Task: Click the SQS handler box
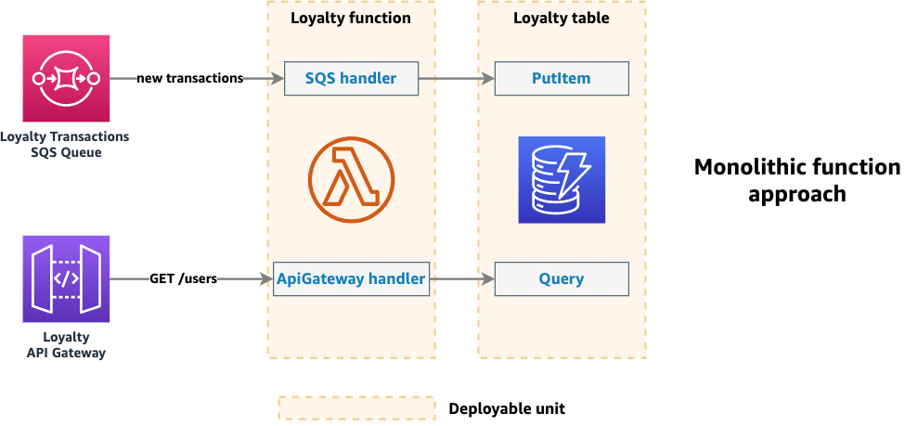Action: tap(351, 79)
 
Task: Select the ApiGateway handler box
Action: tap(352, 278)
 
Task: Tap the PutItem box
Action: tap(562, 79)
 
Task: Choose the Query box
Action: tap(562, 278)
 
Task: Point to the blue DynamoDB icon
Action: tap(562, 180)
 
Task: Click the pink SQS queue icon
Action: tap(66, 78)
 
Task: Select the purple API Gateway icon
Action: tap(66, 278)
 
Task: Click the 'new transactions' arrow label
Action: tap(190, 79)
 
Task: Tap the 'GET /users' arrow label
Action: tap(183, 278)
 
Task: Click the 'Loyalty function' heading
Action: tap(351, 18)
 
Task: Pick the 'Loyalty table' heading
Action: tap(562, 18)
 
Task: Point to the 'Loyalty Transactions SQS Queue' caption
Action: tap(66, 145)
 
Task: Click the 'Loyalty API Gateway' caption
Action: tap(66, 345)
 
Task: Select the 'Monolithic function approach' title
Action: tap(796, 180)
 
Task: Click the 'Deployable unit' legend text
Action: tap(507, 408)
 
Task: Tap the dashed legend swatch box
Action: tap(356, 408)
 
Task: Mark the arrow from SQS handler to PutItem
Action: tap(457, 79)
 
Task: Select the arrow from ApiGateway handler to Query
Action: tap(461, 278)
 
